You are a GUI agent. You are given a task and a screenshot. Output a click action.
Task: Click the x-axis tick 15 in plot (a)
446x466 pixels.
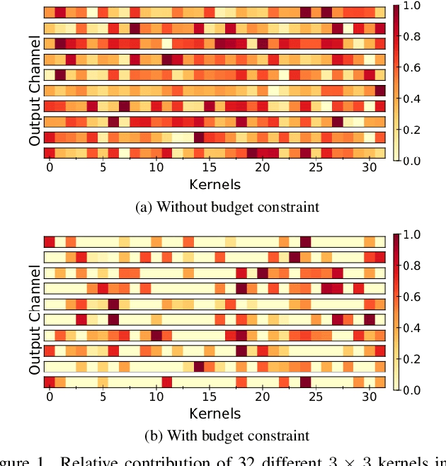tap(209, 169)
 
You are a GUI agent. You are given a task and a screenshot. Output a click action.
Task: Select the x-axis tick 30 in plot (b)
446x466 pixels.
tap(369, 397)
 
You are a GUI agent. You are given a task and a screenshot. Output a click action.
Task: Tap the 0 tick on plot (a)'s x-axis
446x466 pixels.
tap(50, 169)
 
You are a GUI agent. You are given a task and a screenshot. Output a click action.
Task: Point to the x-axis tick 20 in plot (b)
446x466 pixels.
tap(263, 397)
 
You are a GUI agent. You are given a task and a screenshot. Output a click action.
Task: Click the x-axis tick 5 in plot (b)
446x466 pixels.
tap(103, 397)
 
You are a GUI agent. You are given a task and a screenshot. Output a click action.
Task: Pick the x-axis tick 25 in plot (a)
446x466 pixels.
tap(316, 169)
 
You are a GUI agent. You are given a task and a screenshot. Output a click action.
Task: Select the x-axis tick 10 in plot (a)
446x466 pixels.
tap(156, 169)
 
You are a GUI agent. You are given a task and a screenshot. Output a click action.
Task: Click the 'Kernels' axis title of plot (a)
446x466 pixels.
tap(215, 185)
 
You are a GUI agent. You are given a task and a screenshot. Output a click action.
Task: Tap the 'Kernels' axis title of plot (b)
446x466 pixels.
tap(215, 414)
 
